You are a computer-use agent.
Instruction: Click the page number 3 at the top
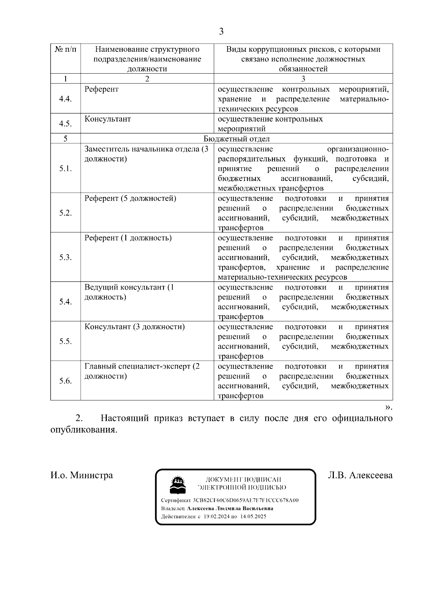tap(221, 32)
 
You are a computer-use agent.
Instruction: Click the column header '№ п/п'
tap(65, 49)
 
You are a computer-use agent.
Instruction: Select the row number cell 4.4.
tap(65, 99)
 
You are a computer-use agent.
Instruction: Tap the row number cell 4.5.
tap(65, 124)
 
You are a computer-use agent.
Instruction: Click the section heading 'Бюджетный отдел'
tap(237, 139)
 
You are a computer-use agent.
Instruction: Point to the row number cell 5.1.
tap(65, 168)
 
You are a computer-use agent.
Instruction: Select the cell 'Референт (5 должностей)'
tap(130, 199)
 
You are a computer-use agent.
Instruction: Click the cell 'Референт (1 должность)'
tap(128, 238)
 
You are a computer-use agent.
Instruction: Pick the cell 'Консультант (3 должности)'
tap(134, 327)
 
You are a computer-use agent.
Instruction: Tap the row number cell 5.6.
tap(65, 381)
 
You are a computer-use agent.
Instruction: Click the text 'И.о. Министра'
tap(82, 475)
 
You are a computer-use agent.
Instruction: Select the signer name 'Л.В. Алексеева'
tap(360, 475)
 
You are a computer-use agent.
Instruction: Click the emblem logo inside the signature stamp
tap(178, 485)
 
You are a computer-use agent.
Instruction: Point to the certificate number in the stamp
tap(246, 500)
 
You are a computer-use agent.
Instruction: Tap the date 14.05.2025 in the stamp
tap(253, 517)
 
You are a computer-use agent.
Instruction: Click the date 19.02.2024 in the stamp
tap(217, 517)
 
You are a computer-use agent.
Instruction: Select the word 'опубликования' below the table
tap(83, 430)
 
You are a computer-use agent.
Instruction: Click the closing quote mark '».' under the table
tap(388, 407)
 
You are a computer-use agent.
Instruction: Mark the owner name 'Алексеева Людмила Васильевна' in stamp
tap(230, 509)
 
